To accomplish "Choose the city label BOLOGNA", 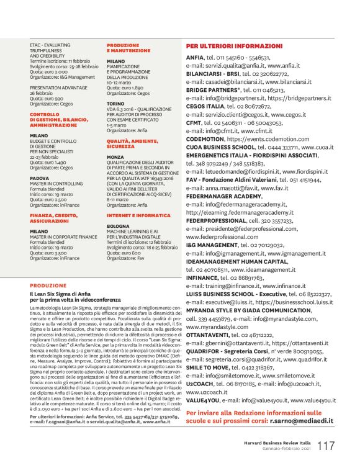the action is pyautogui.click(x=118, y=226).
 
